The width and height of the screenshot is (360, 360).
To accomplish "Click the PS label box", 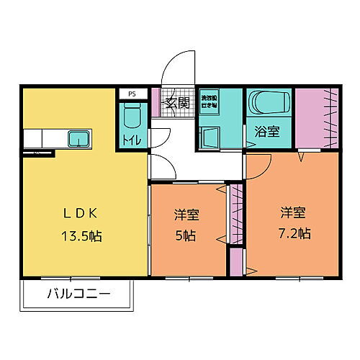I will pos(132,94).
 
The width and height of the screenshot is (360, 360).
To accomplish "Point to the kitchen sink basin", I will pos(78,137).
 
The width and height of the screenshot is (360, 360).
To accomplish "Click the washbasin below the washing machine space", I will pos(209,135).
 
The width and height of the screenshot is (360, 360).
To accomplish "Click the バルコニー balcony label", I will pos(78,294).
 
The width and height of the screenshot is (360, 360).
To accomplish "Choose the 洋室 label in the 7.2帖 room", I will pos(293,212).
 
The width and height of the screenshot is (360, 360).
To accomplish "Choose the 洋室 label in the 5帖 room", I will pos(186,215).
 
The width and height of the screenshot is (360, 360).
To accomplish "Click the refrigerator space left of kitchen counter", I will pos(34,138).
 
